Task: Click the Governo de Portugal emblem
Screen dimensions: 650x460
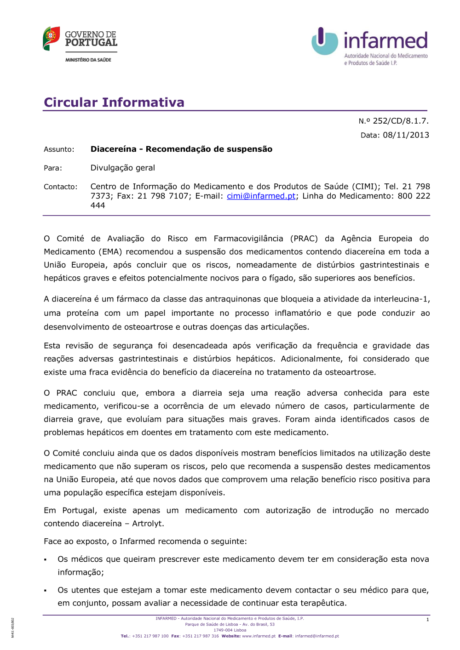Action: click(x=51, y=38)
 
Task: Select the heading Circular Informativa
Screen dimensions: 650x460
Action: click(x=114, y=102)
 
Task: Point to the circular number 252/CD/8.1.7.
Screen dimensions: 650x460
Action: click(x=400, y=121)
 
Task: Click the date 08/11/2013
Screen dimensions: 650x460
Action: click(x=406, y=135)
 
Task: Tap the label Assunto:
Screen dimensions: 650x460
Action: click(x=59, y=149)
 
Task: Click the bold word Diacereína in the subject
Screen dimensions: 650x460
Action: click(x=113, y=149)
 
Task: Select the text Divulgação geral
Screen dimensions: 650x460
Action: click(x=123, y=168)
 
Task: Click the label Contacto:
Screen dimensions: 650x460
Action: click(x=61, y=187)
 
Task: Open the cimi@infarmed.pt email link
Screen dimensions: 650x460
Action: click(x=261, y=196)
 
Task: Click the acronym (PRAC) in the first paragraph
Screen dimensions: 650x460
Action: click(x=304, y=239)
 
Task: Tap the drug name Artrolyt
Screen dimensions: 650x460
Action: click(x=148, y=524)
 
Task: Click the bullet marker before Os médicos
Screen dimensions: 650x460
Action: click(x=46, y=560)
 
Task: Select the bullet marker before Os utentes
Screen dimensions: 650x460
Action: click(x=46, y=591)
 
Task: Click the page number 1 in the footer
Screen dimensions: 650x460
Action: click(x=427, y=620)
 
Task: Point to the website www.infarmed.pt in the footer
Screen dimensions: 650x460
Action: click(x=259, y=636)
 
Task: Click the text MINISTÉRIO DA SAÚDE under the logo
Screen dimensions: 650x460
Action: click(x=88, y=60)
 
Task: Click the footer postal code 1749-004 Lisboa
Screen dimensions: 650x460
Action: click(x=230, y=630)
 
